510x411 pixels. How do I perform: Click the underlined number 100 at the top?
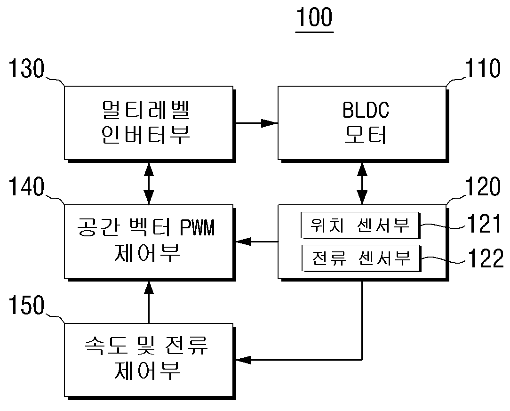(315, 17)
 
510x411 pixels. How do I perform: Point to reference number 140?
(26, 186)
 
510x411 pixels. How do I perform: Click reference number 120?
(483, 186)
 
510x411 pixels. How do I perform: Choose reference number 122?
(486, 258)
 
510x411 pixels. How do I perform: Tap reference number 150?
(26, 305)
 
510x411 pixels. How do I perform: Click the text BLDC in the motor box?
(366, 110)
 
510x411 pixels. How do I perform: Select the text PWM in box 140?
(197, 227)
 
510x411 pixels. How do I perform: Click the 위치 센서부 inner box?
(360, 225)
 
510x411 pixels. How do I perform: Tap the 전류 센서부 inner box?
(361, 259)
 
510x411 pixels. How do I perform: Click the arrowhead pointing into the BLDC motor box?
(270, 123)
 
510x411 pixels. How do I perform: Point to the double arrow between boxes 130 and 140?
(149, 184)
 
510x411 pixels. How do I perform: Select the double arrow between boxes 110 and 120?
(362, 184)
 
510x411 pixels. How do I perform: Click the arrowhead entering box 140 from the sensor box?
(244, 242)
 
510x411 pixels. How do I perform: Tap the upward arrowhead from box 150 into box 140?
(149, 288)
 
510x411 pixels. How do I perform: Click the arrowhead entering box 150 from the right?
(244, 360)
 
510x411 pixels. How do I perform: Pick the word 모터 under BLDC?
(366, 134)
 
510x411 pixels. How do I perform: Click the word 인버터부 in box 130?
(145, 134)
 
